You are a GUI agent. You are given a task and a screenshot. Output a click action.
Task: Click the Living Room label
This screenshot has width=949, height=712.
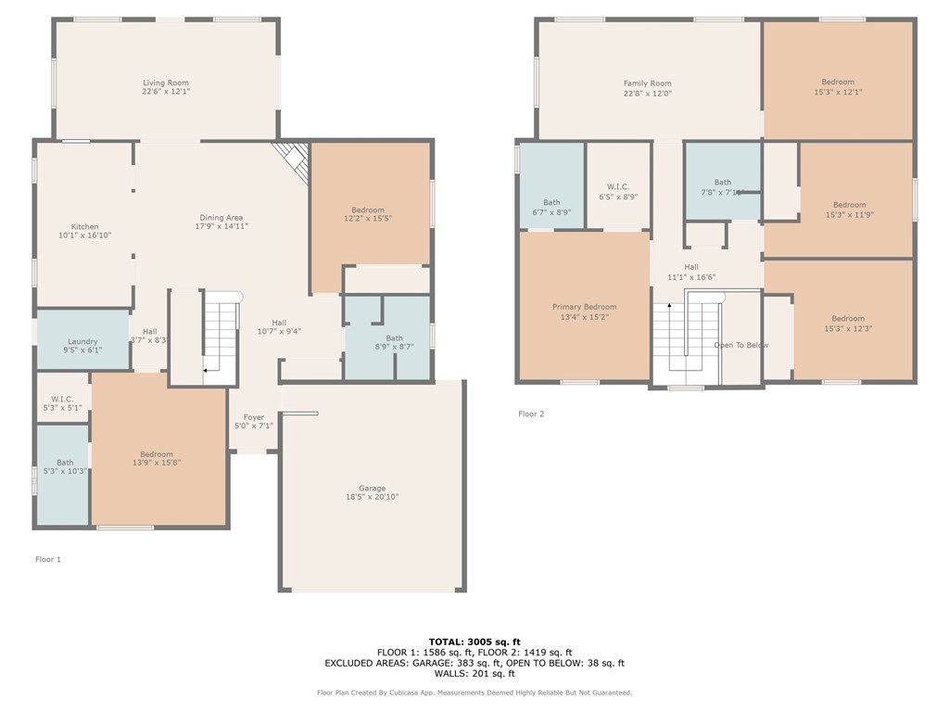click(166, 83)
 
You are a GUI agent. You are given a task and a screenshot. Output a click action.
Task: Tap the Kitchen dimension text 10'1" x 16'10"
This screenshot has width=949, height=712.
click(85, 236)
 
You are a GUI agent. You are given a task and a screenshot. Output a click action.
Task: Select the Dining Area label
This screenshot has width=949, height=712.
click(221, 218)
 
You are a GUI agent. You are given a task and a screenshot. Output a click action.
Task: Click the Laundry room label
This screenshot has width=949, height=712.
click(82, 340)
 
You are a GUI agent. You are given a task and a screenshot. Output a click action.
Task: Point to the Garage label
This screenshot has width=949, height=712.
click(373, 489)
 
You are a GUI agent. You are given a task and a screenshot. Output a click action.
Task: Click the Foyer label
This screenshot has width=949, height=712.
click(254, 417)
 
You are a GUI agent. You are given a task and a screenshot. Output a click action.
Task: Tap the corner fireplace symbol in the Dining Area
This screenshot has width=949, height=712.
click(291, 159)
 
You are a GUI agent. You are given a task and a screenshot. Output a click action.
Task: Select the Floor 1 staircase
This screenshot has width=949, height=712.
click(221, 337)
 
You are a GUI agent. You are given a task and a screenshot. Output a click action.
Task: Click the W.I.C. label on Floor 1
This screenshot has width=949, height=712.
click(62, 397)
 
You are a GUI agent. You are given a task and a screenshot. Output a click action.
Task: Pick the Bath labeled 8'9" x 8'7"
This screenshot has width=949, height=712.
click(395, 338)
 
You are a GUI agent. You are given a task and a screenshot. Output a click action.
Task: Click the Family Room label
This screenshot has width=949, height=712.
click(647, 83)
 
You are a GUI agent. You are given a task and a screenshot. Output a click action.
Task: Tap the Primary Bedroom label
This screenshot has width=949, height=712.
click(585, 307)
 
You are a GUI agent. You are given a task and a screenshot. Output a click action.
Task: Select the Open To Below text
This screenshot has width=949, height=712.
click(740, 345)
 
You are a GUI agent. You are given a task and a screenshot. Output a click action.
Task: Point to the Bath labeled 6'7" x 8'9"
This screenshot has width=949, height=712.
click(551, 202)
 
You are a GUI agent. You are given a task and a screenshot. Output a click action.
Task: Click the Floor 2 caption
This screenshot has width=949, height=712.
click(531, 413)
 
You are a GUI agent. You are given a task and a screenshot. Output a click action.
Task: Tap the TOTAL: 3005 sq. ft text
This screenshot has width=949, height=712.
click(474, 642)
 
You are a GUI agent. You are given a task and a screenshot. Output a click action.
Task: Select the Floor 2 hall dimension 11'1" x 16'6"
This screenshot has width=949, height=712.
click(691, 277)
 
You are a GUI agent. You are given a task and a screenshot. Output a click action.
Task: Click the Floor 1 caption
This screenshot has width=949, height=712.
click(48, 559)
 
